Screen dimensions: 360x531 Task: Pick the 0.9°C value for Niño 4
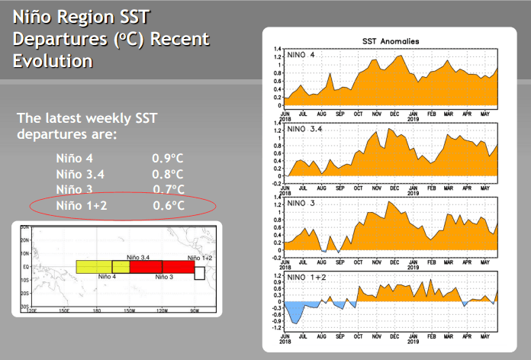(x=168, y=159)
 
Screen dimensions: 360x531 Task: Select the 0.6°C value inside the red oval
(x=168, y=205)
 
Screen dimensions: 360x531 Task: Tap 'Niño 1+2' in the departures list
(x=82, y=205)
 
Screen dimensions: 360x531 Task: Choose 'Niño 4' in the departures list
(x=75, y=159)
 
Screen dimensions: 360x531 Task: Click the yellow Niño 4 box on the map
(x=94, y=267)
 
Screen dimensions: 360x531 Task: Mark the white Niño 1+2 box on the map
(x=199, y=272)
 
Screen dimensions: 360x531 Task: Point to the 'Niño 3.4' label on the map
(x=137, y=259)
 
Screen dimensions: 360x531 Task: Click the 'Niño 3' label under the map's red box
(x=165, y=277)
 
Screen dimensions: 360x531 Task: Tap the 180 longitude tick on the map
(x=96, y=311)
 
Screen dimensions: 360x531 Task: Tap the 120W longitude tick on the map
(x=162, y=311)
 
